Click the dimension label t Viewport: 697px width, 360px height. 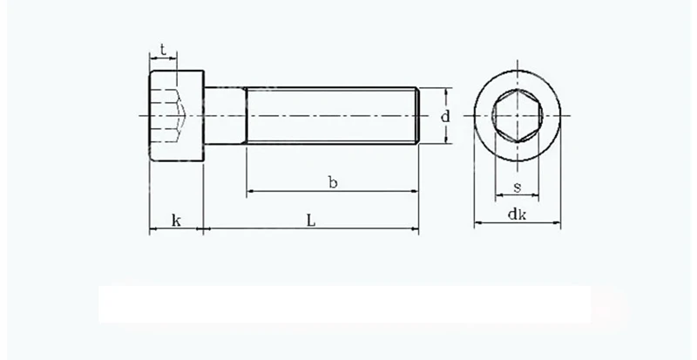[x=164, y=51]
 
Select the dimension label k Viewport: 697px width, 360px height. [x=177, y=221]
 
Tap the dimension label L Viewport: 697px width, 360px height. [x=311, y=220]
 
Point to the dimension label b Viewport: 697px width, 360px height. [x=333, y=182]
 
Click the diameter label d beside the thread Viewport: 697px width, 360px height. [x=445, y=117]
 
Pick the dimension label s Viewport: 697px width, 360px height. [x=517, y=187]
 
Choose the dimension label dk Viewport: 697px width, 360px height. [x=517, y=214]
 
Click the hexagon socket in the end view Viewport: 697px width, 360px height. [x=518, y=116]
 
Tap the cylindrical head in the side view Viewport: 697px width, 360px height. [x=177, y=116]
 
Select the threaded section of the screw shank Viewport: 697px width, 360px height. [x=333, y=116]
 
